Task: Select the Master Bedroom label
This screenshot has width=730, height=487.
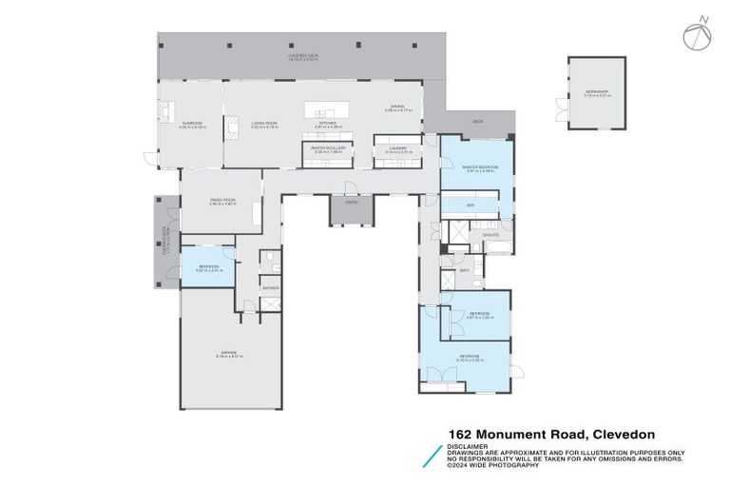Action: [476, 169]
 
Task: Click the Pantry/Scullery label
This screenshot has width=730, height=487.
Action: [326, 149]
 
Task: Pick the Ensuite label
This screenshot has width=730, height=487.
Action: [491, 232]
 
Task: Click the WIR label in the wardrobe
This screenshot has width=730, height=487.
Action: [470, 205]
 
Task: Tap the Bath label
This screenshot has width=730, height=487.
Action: [465, 271]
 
